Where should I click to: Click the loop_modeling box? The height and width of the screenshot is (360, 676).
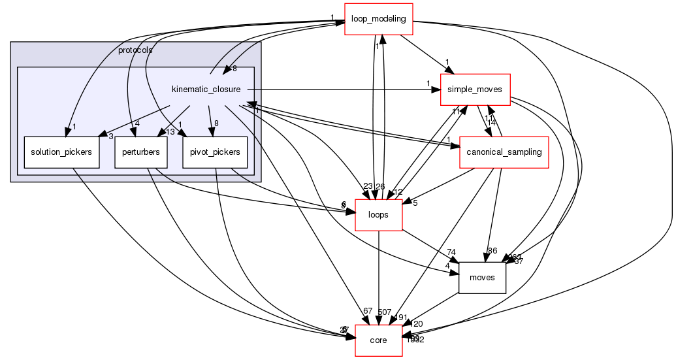tap(379, 18)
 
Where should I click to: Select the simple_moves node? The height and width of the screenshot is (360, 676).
tap(475, 90)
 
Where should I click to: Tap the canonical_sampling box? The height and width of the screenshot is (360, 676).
tap(504, 152)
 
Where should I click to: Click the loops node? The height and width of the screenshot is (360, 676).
tap(378, 215)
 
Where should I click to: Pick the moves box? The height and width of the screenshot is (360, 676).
tap(483, 278)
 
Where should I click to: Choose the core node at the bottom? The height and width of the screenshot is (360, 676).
tap(378, 340)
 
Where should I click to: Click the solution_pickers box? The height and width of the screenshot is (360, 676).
tap(61, 152)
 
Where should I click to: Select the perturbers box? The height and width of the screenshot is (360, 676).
tap(141, 152)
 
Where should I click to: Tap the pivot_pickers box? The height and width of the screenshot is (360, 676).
tap(215, 152)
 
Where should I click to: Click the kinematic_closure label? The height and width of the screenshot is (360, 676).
tap(206, 90)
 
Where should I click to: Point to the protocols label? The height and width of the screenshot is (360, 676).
tap(135, 50)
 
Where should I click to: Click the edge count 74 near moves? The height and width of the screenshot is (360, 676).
tap(451, 252)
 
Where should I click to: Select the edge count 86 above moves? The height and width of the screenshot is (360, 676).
tap(492, 250)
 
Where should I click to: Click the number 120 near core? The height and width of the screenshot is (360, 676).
tap(417, 324)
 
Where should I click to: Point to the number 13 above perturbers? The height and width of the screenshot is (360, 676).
tap(170, 132)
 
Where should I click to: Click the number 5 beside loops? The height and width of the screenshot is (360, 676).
tap(414, 203)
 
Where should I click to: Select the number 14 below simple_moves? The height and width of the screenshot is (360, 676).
tap(492, 123)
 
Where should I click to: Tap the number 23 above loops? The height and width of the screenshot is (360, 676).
tap(368, 187)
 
